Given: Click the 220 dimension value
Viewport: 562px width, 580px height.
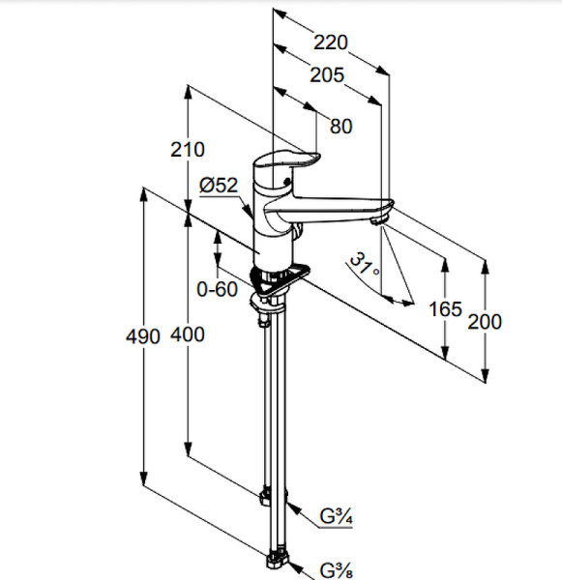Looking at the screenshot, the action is (331, 43).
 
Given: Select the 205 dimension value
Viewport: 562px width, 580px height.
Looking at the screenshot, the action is (327, 75).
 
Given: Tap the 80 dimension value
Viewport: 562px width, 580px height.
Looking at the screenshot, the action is (341, 126).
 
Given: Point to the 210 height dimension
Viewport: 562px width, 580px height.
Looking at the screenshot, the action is (188, 150).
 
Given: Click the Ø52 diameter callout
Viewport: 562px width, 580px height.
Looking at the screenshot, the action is (219, 185).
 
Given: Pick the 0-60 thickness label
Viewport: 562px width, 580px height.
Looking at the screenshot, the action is (218, 289).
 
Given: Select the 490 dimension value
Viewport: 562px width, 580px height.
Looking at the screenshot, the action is (143, 336).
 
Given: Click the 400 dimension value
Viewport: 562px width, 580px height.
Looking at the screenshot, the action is (188, 334).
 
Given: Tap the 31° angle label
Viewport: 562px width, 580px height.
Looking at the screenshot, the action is (365, 264).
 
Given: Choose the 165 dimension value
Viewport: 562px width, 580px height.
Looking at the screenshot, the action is (445, 309).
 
